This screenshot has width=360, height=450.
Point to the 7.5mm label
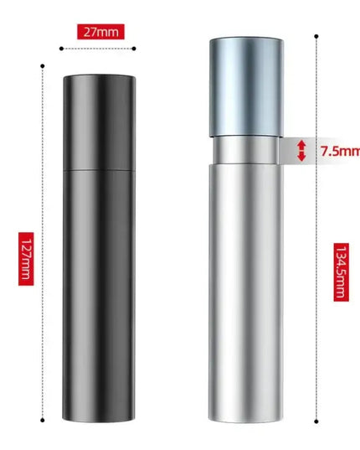point(338,152)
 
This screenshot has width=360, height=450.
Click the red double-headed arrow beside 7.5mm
point(302,151)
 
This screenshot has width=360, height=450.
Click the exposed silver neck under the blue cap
point(245,150)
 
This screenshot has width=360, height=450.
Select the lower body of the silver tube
point(245,285)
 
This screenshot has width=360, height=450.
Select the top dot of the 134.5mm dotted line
point(316,36)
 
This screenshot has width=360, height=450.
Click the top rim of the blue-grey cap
point(245,38)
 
